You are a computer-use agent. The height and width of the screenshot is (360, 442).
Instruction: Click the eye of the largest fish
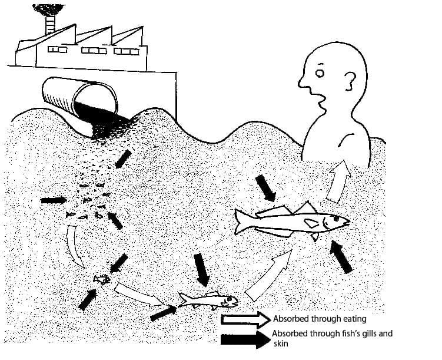tap(335, 218)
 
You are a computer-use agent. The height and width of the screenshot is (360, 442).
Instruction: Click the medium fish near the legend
tap(209, 300)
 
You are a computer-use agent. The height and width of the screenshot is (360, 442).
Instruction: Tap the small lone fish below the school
tap(101, 278)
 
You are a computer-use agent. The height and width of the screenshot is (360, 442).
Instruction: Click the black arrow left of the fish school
tap(54, 200)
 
